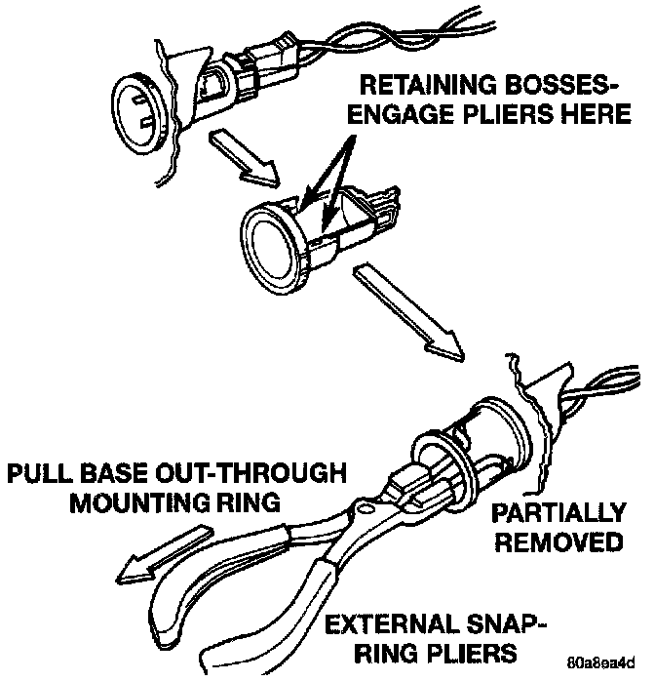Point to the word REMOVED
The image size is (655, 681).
pos(559,541)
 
